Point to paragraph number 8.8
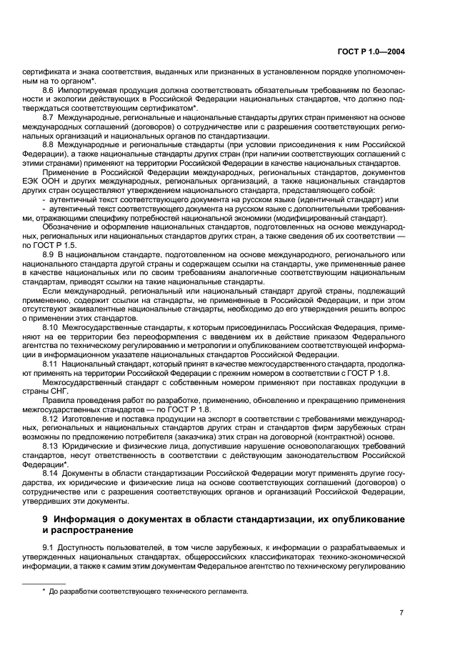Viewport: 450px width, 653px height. point(49,143)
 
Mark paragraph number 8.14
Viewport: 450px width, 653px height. point(51,473)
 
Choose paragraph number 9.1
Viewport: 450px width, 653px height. point(49,547)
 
